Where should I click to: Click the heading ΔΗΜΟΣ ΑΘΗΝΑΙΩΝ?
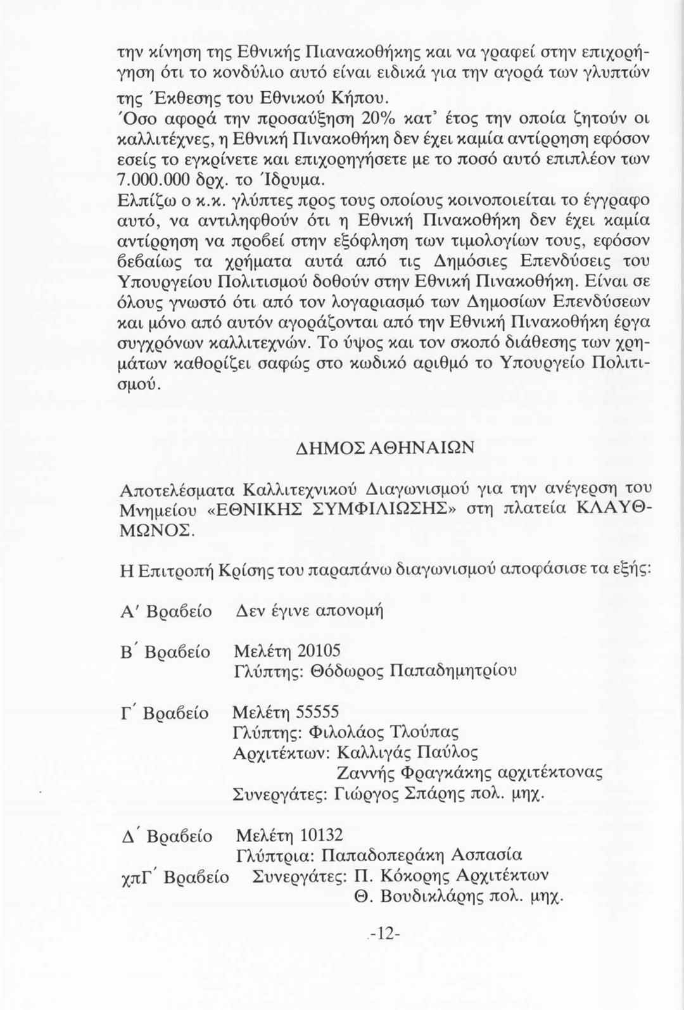tap(384, 448)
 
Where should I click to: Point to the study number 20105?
tap(319, 650)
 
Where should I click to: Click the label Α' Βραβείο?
tap(166, 612)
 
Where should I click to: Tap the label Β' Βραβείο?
tap(165, 652)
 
